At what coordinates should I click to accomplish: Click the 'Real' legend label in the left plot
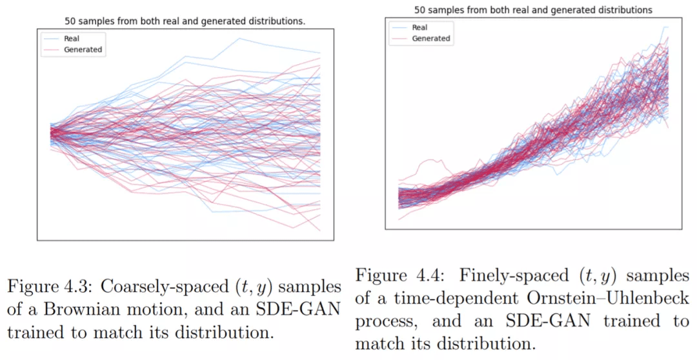coord(72,39)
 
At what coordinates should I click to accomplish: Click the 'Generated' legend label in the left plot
coord(83,50)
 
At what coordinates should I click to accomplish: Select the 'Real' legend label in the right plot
coord(419,28)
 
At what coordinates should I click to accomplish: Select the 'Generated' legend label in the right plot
coord(430,39)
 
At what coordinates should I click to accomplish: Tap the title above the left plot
coord(185,21)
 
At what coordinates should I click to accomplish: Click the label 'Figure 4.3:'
coord(45,285)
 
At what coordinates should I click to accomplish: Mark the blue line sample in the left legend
coord(51,39)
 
